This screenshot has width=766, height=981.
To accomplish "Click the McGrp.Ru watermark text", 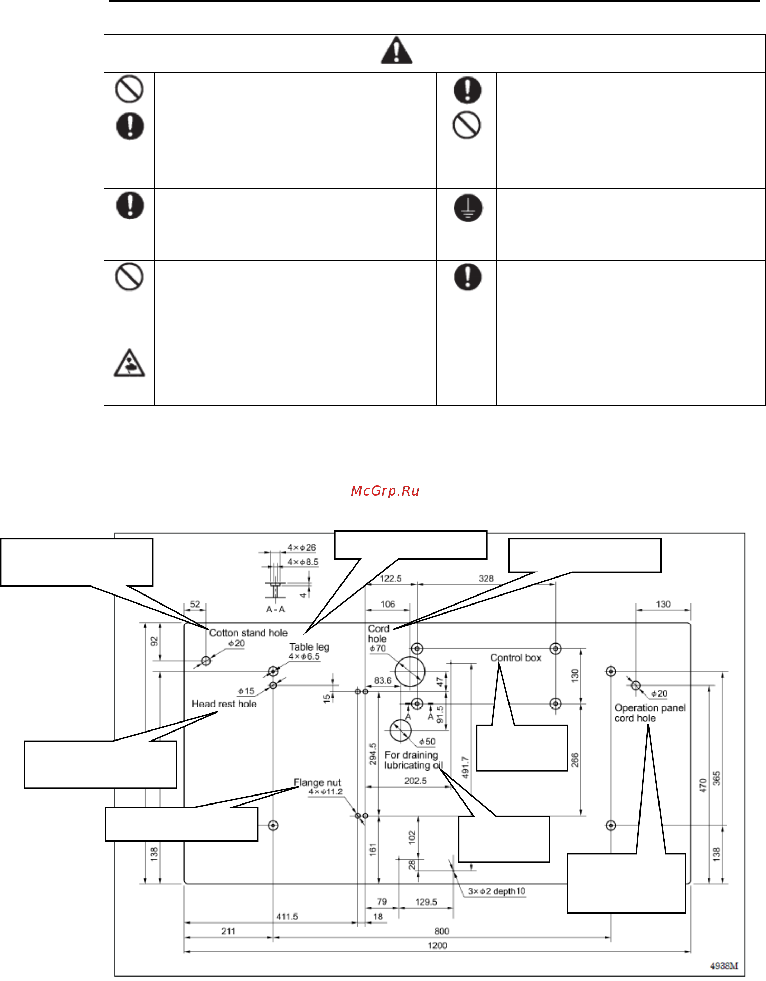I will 385,491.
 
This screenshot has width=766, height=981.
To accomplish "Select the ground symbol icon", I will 468,208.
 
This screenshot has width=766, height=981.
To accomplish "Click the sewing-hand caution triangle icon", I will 129,363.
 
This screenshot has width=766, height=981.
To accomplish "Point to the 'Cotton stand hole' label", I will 248,633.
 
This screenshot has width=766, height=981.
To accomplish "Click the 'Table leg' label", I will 309,647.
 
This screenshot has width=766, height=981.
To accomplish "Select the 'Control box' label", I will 516,657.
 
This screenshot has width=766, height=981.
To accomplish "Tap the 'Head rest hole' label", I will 224,704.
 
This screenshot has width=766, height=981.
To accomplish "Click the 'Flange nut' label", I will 317,782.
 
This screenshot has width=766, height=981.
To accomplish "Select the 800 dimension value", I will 441,931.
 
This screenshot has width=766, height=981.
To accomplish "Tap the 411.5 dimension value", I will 287,916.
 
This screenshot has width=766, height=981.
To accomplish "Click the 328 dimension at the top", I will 486,579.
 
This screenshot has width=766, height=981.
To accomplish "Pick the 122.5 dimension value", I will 390,579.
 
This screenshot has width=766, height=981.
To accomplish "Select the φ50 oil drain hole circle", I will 400,731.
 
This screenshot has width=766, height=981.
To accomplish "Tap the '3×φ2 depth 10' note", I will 496,891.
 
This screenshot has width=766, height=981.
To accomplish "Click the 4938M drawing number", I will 724,966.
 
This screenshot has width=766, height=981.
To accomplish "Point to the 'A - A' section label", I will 275,609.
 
